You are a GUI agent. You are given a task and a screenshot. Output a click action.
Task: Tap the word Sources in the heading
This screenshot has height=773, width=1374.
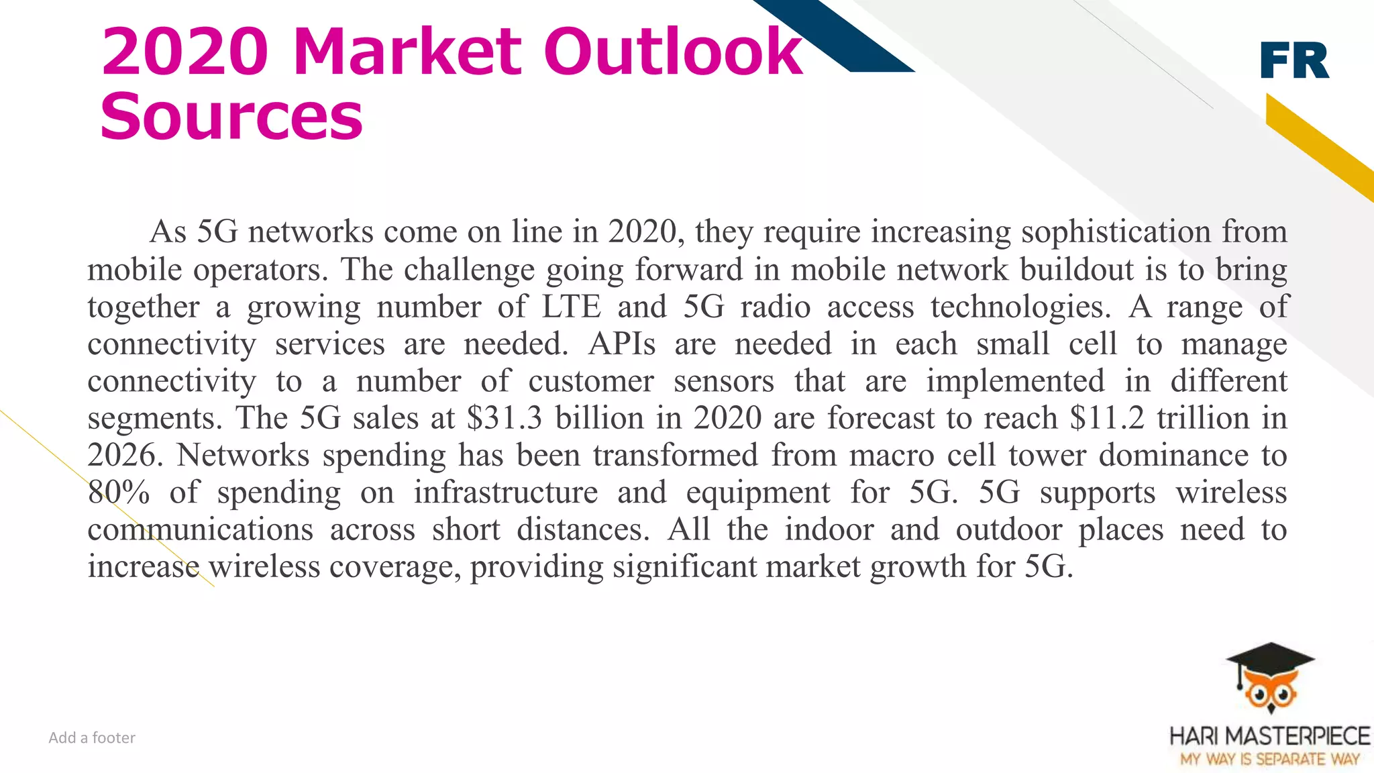[231, 117]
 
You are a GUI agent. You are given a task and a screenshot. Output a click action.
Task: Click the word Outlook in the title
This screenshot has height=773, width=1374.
[673, 52]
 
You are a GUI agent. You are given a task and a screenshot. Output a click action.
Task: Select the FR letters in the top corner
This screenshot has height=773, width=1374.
[1294, 61]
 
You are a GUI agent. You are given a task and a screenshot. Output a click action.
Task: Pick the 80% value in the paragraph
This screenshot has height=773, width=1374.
[118, 493]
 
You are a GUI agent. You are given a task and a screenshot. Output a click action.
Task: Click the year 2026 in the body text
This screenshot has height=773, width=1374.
[125, 456]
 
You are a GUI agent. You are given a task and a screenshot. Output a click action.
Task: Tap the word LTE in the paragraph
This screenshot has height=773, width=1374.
[571, 307]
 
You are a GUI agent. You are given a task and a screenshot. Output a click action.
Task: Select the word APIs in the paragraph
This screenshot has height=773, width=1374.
[622, 344]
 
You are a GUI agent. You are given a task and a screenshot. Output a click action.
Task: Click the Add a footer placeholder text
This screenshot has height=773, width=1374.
[92, 738]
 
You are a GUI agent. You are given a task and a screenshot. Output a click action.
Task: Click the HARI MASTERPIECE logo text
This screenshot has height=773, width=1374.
[1269, 736]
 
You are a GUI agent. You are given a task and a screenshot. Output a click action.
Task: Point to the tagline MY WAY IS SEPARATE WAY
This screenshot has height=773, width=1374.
[1269, 760]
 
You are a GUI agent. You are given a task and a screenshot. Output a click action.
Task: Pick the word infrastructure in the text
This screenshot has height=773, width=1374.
[505, 493]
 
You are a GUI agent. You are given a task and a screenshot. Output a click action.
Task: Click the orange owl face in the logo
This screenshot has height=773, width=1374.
[1270, 693]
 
